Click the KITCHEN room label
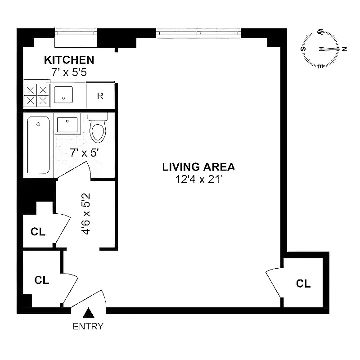[69, 60]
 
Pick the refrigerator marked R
[100, 96]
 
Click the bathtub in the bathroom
[38, 144]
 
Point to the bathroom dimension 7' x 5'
[84, 153]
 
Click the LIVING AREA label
[198, 167]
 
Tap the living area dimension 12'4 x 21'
[198, 180]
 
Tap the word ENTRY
[88, 326]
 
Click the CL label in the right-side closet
[303, 283]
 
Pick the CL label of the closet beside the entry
[42, 280]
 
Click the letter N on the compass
[344, 49]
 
